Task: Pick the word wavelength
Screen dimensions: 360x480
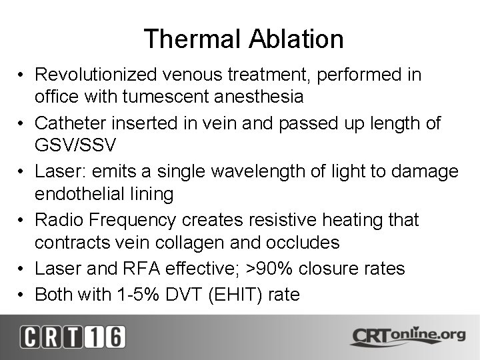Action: [x=249, y=171]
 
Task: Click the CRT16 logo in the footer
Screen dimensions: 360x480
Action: [x=72, y=337]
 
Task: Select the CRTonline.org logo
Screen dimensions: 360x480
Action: [x=407, y=336]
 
